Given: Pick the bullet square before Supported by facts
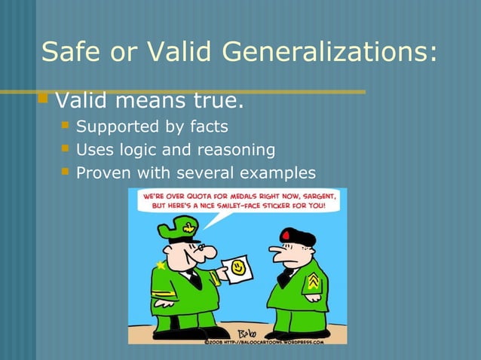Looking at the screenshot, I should click(x=66, y=125).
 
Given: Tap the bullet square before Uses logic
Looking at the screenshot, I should click(x=66, y=148).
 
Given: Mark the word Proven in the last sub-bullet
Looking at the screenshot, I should click(x=103, y=173).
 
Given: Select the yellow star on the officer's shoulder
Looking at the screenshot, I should click(x=160, y=265).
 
